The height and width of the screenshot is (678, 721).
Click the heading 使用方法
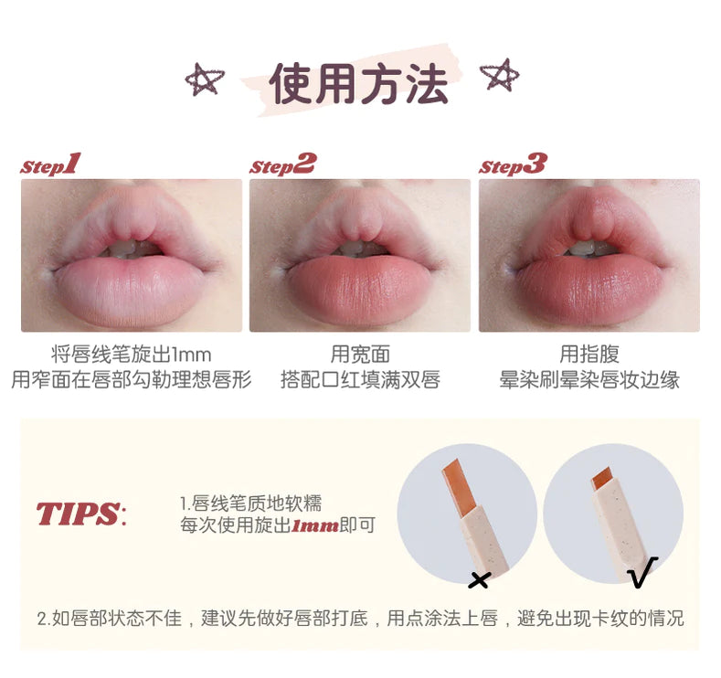coord(358,84)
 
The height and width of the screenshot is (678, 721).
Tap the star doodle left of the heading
coord(204,79)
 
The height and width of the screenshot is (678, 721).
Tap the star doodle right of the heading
coord(500,74)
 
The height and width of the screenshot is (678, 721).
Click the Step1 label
coord(50,164)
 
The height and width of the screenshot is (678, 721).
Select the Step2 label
coord(282,164)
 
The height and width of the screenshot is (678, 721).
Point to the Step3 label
coord(513,164)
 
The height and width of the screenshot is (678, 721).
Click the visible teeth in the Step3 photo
coord(588,249)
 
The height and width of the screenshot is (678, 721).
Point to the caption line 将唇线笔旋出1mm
coord(131,355)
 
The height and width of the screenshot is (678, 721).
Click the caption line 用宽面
coord(360,355)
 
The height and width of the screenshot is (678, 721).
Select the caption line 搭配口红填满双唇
coord(360,380)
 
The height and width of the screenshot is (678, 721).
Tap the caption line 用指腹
coord(589,355)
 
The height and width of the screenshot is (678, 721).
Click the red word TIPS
coord(78,514)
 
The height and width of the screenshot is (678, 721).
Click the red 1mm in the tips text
coord(315,525)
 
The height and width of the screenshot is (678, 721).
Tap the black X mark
coord(479,579)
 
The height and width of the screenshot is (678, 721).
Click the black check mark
coord(642,572)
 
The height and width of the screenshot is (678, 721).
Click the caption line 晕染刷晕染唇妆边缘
coord(589,380)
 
